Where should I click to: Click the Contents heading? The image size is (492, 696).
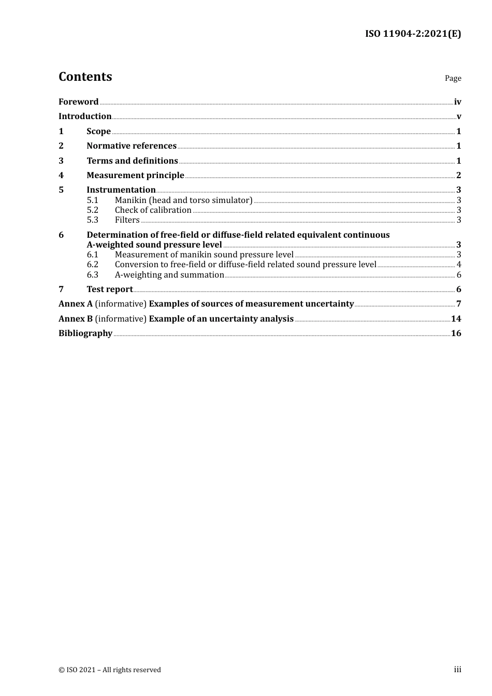85,77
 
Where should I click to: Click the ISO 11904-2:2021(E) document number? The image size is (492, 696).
413,34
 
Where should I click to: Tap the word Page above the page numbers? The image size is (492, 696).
453,78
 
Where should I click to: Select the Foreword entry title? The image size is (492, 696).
78,102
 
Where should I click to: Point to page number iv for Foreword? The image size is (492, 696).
457,102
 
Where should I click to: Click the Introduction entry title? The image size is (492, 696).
85,117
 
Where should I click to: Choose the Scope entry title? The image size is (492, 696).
98,132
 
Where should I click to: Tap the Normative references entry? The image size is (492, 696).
132,146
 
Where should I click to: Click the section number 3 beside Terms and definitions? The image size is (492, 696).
61,161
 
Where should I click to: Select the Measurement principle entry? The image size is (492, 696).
135,176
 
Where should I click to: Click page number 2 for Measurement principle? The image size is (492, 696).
458,176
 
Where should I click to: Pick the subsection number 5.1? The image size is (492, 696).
92,200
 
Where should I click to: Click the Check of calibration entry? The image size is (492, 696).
153,210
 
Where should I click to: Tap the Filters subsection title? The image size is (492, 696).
127,220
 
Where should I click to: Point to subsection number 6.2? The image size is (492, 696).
92,265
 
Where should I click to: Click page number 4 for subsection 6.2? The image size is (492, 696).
459,265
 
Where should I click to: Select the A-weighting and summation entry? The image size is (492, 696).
169,275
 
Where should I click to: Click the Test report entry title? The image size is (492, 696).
109,289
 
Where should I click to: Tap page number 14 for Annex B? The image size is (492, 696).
456,319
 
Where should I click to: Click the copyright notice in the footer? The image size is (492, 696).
110,670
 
